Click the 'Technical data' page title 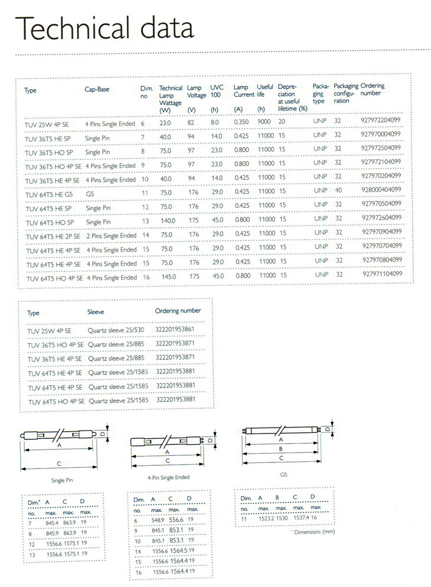pyautogui.click(x=105, y=28)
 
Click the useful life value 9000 pyautogui.click(x=264, y=122)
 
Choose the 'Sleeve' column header pyautogui.click(x=96, y=312)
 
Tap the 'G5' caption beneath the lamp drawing pyautogui.click(x=283, y=474)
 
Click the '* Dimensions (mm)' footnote pyautogui.click(x=313, y=531)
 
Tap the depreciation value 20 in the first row pyautogui.click(x=282, y=122)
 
